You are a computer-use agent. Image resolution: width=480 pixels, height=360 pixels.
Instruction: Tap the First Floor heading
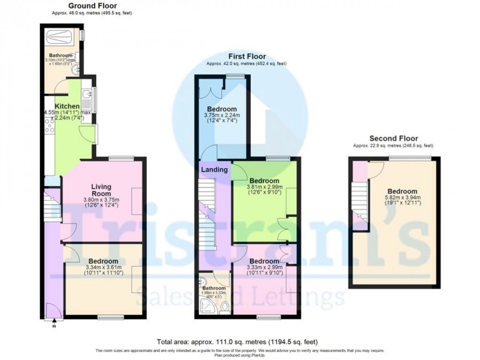point(247,56)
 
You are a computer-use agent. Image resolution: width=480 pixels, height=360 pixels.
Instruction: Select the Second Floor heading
point(393,138)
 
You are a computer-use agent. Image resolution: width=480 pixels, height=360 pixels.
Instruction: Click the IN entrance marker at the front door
point(54,326)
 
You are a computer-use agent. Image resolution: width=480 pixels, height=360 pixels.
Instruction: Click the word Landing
point(214,169)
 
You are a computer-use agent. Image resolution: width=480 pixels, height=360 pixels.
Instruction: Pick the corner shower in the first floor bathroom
point(206,307)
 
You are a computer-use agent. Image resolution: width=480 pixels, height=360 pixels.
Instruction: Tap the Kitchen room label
point(67,106)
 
